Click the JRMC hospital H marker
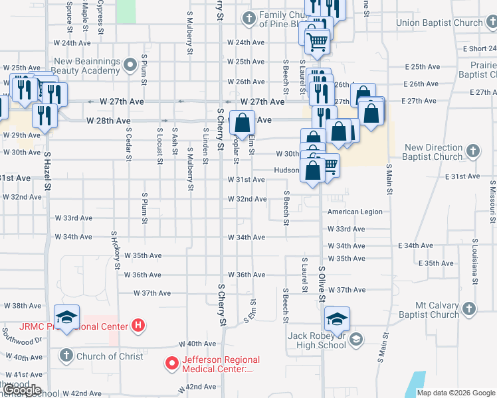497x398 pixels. point(138,326)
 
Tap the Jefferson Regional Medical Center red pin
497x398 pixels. point(172,364)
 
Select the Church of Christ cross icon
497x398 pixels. point(66,356)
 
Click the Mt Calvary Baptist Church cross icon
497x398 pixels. point(469,309)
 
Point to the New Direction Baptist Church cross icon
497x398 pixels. point(472,151)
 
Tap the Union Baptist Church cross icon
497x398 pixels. point(492,23)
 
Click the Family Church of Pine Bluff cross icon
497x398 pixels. point(248,18)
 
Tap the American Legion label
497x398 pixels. point(355,212)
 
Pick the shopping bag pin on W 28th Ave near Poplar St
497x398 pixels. point(243,122)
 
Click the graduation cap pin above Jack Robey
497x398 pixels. point(338,319)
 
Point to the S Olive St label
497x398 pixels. point(322,284)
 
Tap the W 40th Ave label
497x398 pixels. point(197,344)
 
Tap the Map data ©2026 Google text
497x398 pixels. point(455,393)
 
